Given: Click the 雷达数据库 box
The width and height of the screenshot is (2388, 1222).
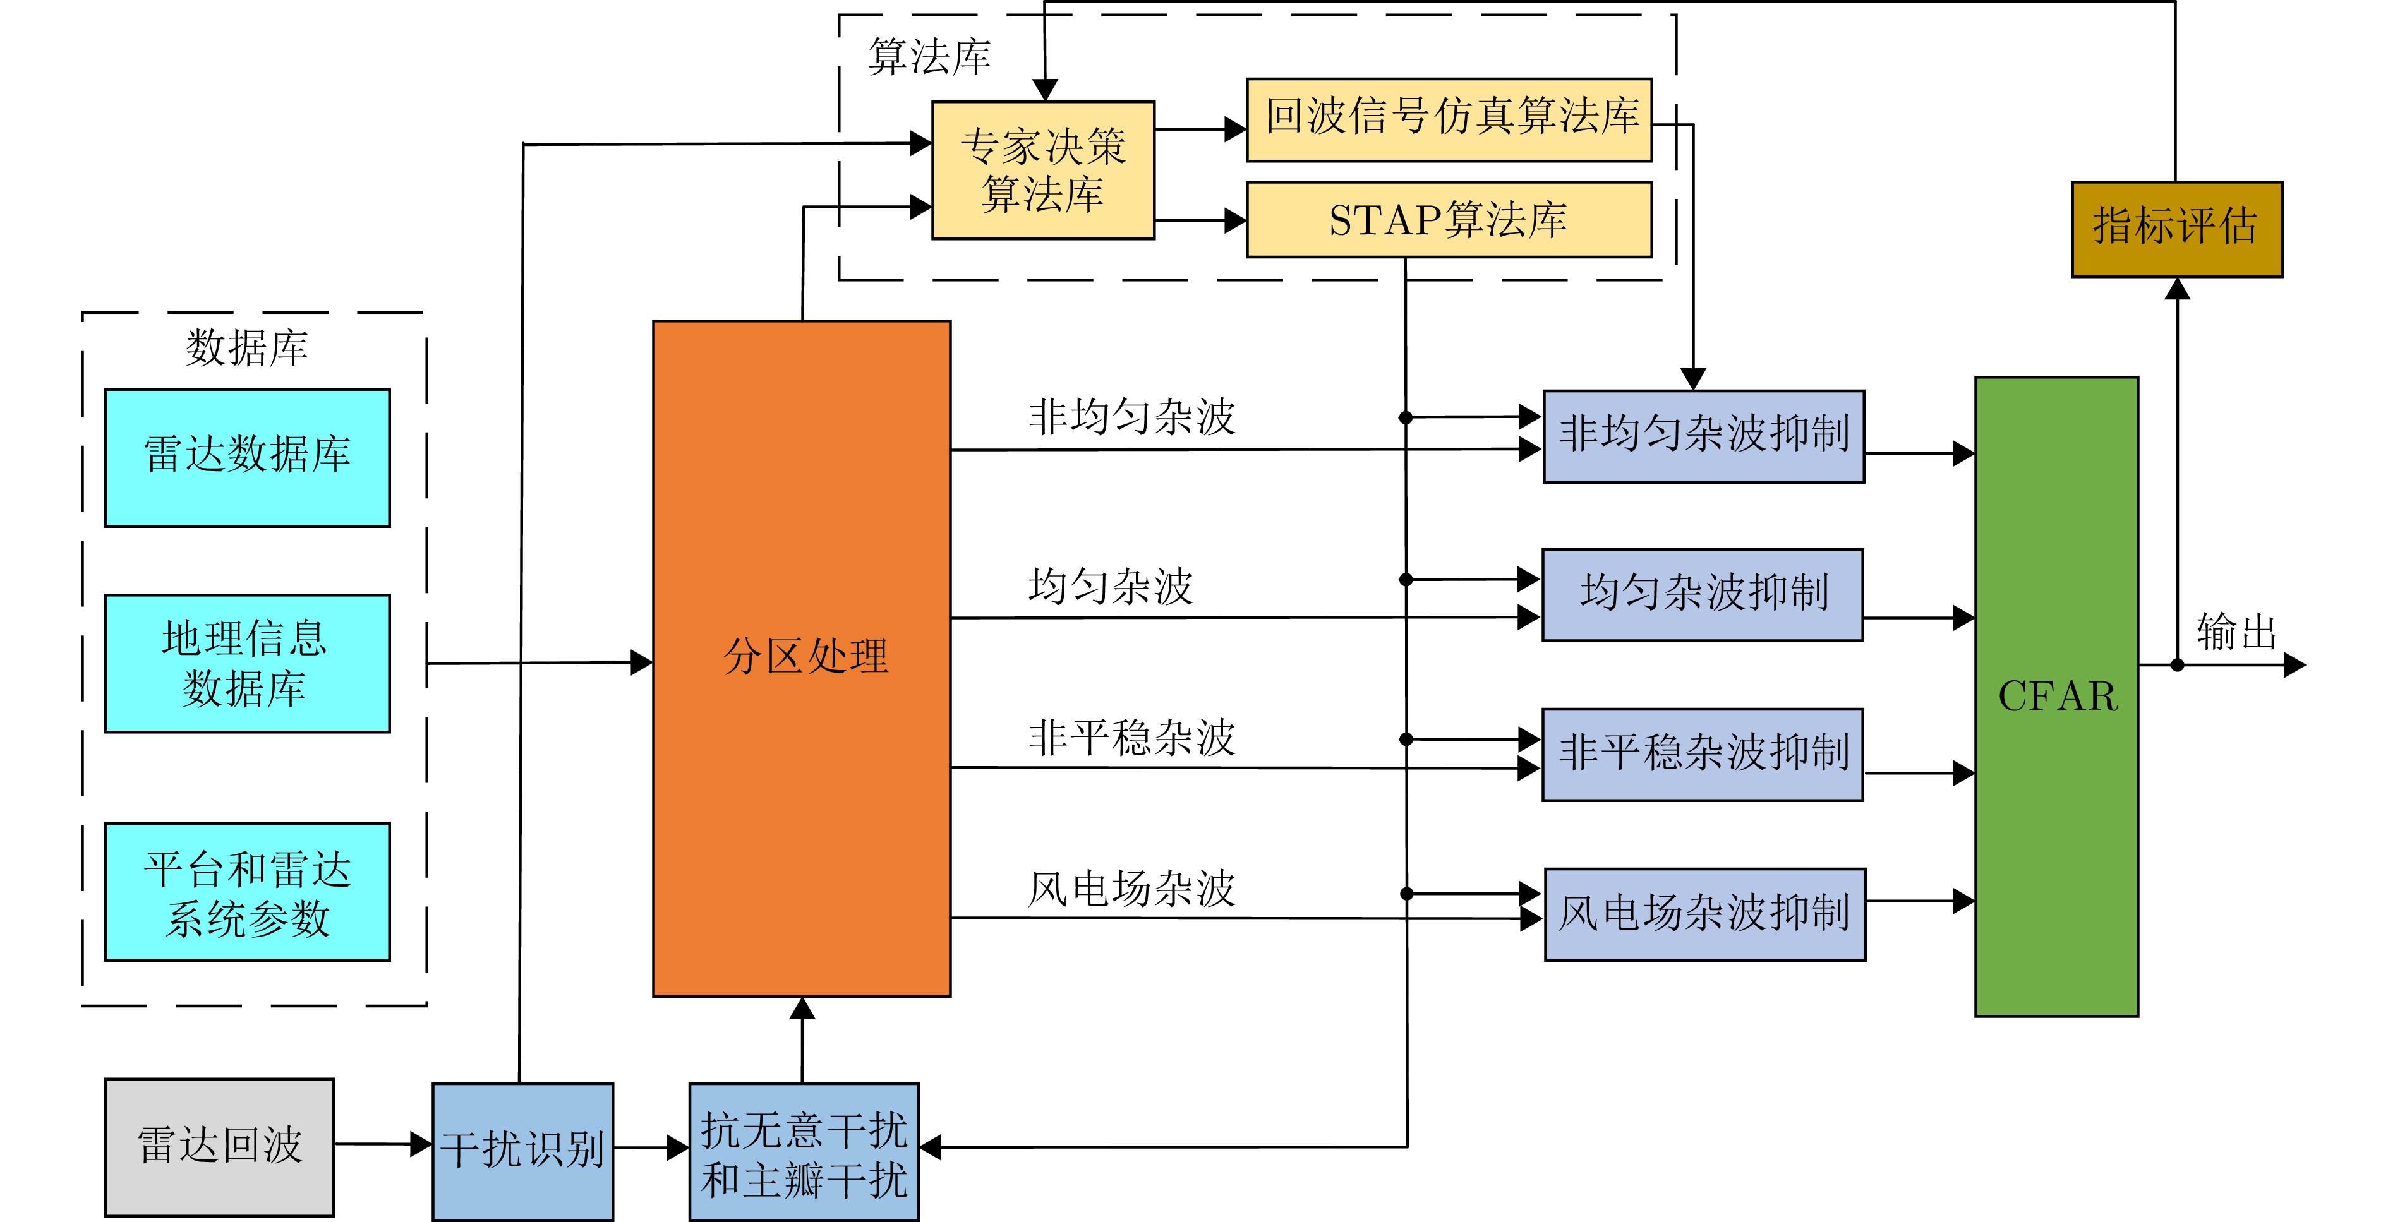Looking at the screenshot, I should click(x=248, y=458).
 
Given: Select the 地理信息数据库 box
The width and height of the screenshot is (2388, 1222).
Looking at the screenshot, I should click(x=248, y=663).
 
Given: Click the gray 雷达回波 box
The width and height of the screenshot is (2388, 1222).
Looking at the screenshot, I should click(x=220, y=1147).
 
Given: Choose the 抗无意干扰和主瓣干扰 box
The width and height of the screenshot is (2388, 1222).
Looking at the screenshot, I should click(x=804, y=1153).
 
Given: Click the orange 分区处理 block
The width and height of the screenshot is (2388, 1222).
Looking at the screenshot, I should click(x=802, y=658).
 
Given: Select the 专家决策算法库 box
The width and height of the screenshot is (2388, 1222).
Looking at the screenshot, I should click(x=1043, y=171).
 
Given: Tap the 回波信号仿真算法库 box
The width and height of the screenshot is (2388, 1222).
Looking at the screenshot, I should click(x=1449, y=119).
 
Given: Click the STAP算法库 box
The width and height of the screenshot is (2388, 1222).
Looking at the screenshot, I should click(x=1449, y=220).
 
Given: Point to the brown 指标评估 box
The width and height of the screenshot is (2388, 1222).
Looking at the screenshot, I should click(x=2176, y=229).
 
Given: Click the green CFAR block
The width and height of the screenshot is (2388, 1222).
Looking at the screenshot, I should click(x=2056, y=696).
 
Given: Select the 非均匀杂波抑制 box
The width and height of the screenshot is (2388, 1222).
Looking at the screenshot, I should click(x=1704, y=435).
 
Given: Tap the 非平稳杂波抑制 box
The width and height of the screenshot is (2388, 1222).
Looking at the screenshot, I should click(x=1703, y=754).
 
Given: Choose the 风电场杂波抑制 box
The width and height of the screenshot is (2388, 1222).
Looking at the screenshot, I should click(x=1705, y=913).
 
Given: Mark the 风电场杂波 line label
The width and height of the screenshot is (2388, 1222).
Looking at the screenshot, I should click(x=1131, y=889).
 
